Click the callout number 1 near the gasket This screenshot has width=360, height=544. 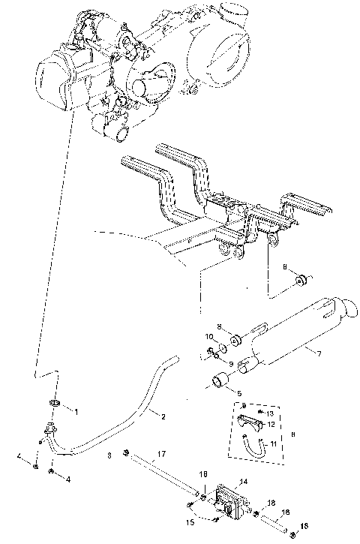tap(75, 410)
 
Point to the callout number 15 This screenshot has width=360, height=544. tap(190, 521)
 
